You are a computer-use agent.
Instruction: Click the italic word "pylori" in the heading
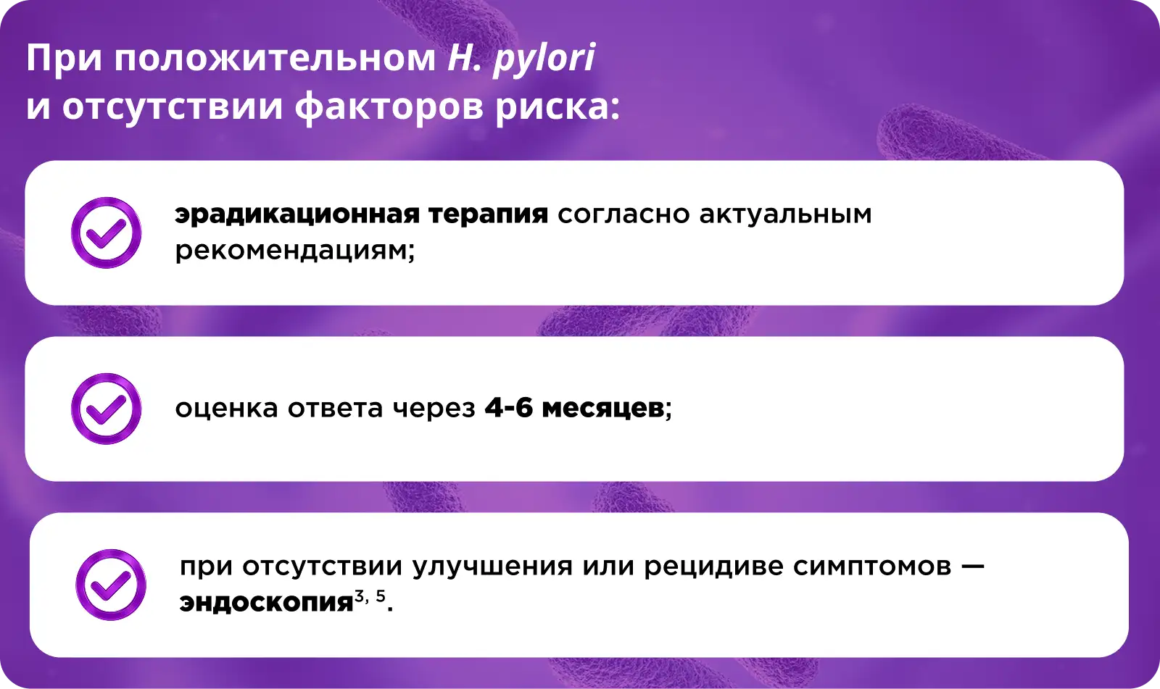coord(544,59)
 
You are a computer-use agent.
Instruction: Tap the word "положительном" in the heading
coord(275,58)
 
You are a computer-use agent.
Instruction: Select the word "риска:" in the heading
coord(558,108)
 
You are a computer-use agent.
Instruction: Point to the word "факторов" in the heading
coord(389,107)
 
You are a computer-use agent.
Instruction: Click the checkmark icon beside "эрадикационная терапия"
coord(106,233)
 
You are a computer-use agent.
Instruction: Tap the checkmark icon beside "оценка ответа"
coord(106,409)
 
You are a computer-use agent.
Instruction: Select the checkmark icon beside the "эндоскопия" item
coord(111,585)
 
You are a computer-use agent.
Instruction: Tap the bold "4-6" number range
coord(508,409)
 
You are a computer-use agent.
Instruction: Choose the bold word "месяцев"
coord(602,409)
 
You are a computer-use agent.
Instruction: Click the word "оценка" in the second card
coord(227,409)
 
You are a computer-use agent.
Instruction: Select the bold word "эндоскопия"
coord(266,603)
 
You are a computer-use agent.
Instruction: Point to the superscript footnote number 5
coord(381,596)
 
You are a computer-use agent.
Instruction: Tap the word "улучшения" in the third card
coord(492,567)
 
